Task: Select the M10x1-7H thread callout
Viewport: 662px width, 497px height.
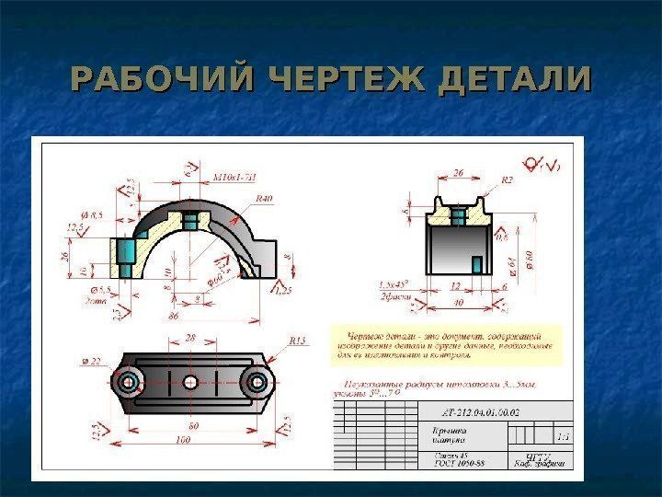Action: point(234,179)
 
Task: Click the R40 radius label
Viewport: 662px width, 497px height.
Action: point(265,198)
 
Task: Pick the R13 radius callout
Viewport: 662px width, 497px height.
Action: point(297,341)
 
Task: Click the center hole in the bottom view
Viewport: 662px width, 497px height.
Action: point(190,382)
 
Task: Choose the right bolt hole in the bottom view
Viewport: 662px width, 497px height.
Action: point(258,382)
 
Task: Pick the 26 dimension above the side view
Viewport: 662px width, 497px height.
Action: point(459,171)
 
